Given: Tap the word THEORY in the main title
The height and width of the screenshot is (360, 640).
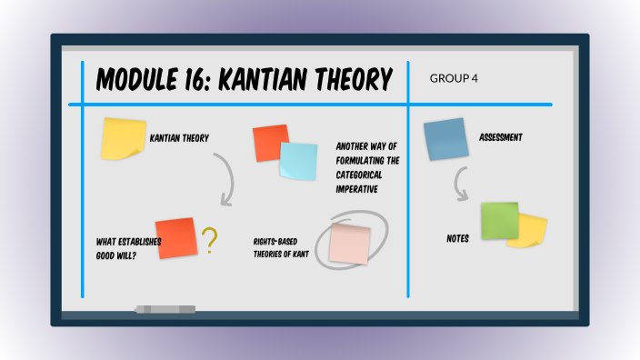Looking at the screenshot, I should pos(354,80).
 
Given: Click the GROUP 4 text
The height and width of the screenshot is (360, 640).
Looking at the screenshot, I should pos(454,78).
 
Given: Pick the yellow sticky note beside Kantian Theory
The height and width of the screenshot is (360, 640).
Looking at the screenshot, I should pos(124,139).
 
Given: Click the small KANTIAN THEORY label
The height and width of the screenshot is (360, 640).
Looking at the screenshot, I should pos(179,138).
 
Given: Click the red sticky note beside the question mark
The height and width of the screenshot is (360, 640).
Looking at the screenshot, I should pos(176,238).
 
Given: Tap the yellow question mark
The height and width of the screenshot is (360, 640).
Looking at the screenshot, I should pos(210,240).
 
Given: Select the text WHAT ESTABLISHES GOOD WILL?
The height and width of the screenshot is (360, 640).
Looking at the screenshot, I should pos(128,248).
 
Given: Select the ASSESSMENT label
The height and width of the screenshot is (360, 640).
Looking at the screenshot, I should pos(501,138).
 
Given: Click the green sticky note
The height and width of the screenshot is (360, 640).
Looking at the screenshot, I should pos(499,221).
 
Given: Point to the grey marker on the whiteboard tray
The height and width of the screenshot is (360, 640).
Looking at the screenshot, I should pos(165,309).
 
